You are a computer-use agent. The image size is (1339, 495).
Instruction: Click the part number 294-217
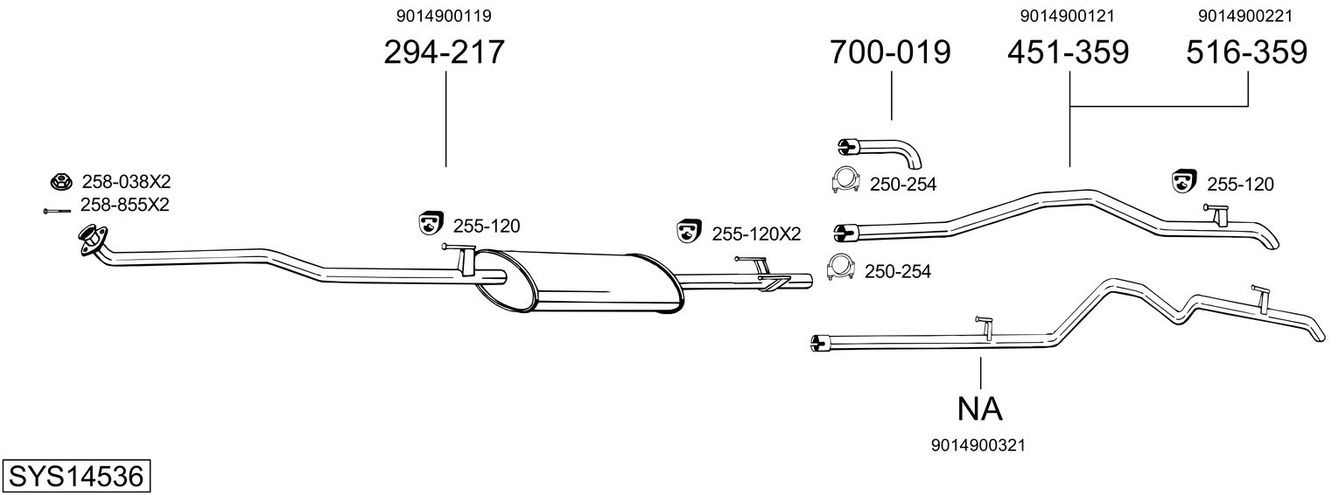click(x=445, y=52)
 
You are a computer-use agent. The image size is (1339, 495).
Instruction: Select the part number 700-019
click(x=890, y=52)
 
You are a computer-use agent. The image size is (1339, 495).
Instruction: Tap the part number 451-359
click(x=1068, y=52)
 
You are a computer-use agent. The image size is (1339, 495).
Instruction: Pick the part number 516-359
click(x=1246, y=52)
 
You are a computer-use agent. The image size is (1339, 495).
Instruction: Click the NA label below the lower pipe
click(x=980, y=408)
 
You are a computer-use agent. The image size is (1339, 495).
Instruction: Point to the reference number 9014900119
click(x=445, y=15)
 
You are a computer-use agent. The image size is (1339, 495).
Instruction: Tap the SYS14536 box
click(x=75, y=477)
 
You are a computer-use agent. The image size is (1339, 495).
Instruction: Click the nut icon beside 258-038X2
click(x=60, y=182)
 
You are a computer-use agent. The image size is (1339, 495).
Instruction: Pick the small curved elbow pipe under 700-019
click(x=880, y=151)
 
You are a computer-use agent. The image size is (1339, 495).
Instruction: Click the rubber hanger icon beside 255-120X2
click(x=689, y=231)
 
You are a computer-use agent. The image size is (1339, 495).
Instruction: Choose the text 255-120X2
click(x=756, y=234)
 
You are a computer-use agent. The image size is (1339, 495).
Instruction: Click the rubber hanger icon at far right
click(x=1183, y=181)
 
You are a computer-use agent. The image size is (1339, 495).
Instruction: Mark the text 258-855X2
click(x=124, y=205)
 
